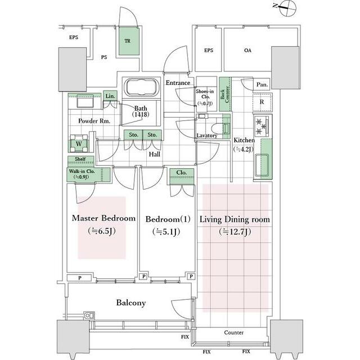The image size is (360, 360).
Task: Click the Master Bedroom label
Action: point(103,218)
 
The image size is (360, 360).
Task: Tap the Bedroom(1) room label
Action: point(168,219)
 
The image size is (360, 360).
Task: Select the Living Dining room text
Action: point(235,219)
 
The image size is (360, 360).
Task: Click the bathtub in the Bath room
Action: point(141,87)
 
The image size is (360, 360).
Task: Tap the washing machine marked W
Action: point(79,143)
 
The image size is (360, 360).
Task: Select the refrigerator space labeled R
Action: point(262,102)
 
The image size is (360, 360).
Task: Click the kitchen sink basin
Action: point(262,165)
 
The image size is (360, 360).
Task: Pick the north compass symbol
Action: point(287,8)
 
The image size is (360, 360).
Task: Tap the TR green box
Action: point(129,41)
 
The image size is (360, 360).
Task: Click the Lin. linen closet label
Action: point(110,96)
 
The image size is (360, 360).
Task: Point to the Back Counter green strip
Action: point(225,94)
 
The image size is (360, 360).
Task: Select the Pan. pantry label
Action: point(262,84)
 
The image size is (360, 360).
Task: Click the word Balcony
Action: point(131,303)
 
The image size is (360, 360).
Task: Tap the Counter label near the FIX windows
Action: point(234,332)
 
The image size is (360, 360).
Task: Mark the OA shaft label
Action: point(247,50)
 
